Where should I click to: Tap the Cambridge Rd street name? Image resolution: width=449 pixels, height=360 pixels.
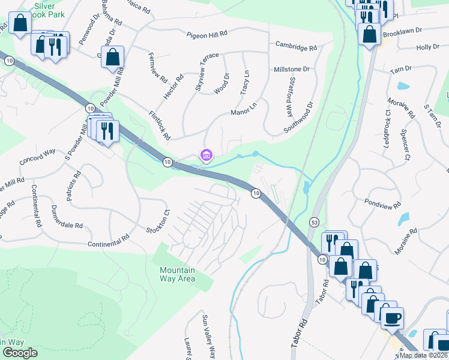pyautogui.click(x=296, y=46)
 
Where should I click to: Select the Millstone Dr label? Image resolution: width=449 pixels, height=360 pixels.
pyautogui.click(x=292, y=70)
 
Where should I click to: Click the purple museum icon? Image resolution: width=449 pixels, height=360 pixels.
pyautogui.click(x=206, y=156)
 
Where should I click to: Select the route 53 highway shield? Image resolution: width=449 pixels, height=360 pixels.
pyautogui.click(x=313, y=223)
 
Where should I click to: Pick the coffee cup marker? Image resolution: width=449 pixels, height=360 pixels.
pyautogui.click(x=392, y=317)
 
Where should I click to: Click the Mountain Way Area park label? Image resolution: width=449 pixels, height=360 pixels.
pyautogui.click(x=185, y=274)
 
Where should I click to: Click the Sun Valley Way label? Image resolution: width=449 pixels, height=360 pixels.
pyautogui.click(x=208, y=337)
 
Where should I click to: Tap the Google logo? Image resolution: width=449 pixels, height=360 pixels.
pyautogui.click(x=19, y=353)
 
